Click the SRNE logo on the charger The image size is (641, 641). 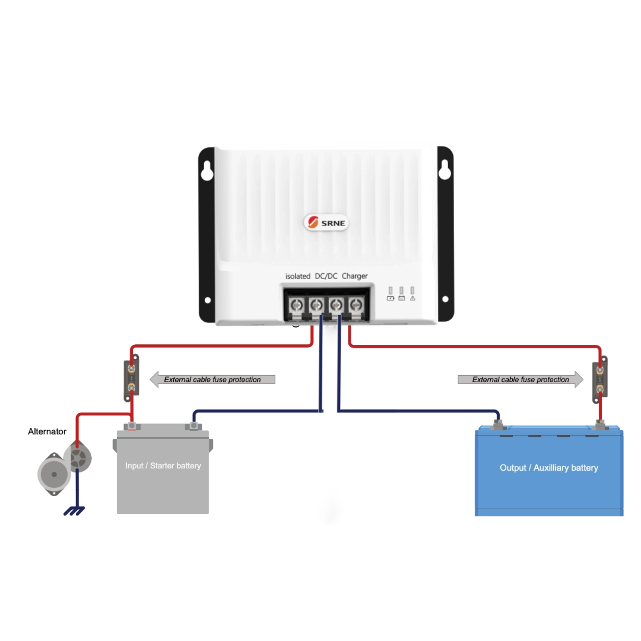(x=326, y=223)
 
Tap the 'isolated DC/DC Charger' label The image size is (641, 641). (x=326, y=276)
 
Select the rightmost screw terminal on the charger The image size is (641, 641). (x=355, y=306)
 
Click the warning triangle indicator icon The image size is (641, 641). (x=412, y=298)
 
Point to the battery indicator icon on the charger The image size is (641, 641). (x=391, y=298)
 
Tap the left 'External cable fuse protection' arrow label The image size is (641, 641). (x=212, y=379)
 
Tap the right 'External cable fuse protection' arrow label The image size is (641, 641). (x=521, y=379)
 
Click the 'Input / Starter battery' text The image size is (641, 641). (x=163, y=466)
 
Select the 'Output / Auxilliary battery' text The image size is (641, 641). (x=548, y=468)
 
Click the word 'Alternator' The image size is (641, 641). (x=47, y=432)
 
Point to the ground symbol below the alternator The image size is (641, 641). (x=74, y=510)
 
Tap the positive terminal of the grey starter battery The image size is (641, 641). (x=133, y=426)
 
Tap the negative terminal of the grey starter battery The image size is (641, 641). (x=193, y=426)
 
